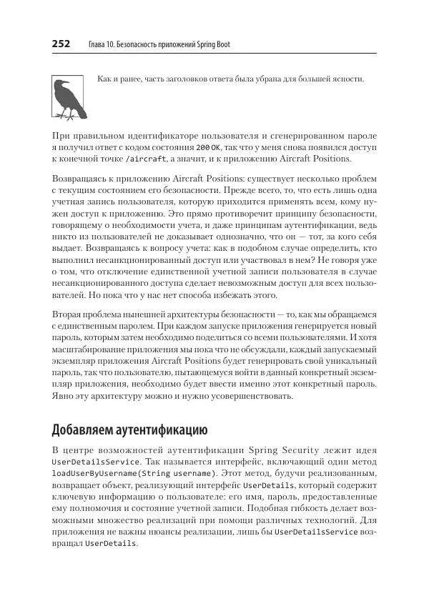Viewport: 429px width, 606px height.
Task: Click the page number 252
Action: pos(61,45)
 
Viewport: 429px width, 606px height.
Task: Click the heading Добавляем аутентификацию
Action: pos(129,430)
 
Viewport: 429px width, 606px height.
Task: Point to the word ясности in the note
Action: pos(347,79)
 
